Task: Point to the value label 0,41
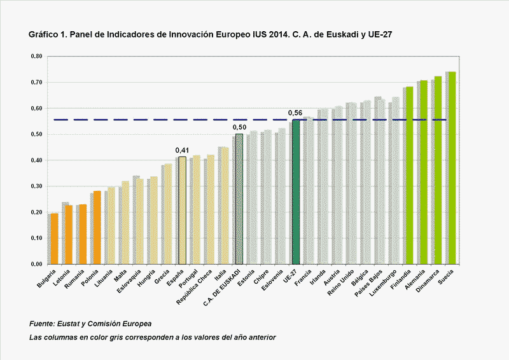(181, 150)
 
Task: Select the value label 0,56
(295, 113)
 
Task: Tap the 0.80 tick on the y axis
(36, 57)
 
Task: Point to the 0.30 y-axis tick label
(36, 186)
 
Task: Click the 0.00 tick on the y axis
(36, 265)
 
